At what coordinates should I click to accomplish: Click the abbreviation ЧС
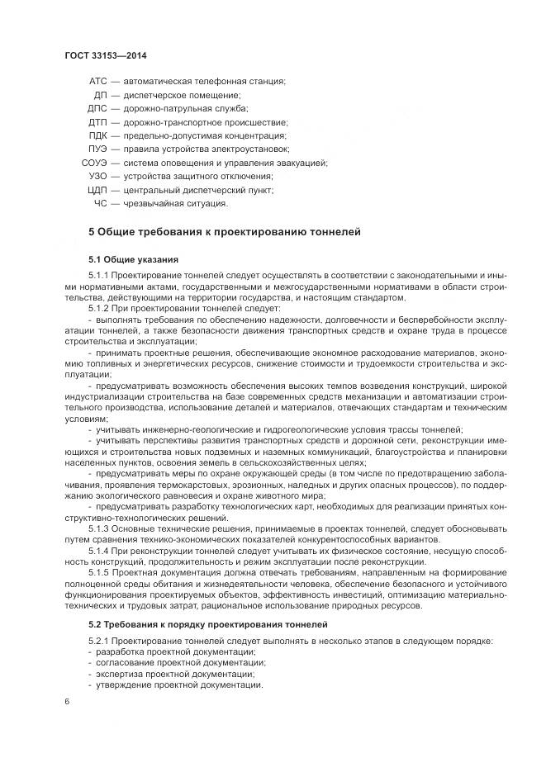(x=101, y=203)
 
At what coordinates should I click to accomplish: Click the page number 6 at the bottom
(x=66, y=702)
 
